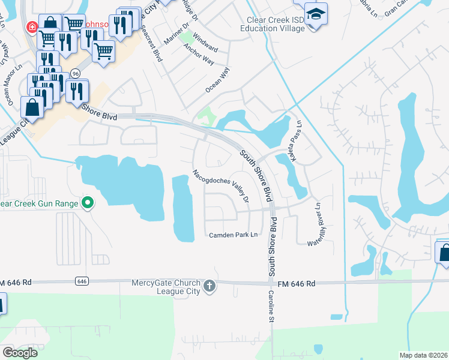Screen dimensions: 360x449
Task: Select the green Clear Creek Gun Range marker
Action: (88, 203)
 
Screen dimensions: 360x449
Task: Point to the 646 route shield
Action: (83, 281)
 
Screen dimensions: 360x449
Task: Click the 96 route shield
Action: (75, 73)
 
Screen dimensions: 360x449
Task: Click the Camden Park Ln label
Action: (233, 235)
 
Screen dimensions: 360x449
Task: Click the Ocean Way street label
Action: (217, 80)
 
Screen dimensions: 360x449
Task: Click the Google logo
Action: (20, 353)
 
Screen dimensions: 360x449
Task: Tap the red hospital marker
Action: (31, 28)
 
